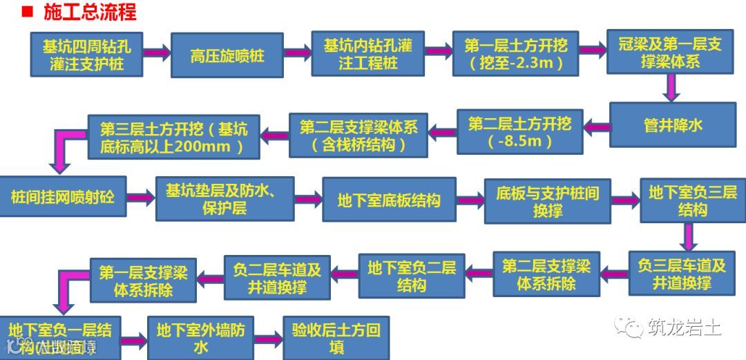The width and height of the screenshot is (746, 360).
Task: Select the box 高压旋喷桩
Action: pos(227,55)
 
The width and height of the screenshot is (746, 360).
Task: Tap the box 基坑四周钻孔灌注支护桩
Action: pos(86,55)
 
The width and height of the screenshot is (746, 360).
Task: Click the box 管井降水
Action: pos(672,124)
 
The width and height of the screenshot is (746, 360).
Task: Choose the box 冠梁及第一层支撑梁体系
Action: pos(670,53)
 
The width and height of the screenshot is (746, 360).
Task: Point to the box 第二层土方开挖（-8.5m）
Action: pos(519,132)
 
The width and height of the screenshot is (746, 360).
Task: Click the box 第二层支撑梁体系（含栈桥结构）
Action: pos(358,135)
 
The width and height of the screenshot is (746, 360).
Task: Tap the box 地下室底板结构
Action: pos(389,200)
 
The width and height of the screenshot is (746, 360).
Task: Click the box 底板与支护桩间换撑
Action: pos(547,200)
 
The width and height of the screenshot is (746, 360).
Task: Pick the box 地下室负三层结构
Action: pos(692,200)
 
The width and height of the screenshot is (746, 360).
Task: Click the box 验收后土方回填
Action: pos(336,338)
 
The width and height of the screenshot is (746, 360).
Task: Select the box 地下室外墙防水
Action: pos(200,338)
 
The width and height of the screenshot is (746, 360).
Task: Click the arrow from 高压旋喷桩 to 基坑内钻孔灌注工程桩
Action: pos(297,53)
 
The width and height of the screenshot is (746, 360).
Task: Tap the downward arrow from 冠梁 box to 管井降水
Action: pos(670,87)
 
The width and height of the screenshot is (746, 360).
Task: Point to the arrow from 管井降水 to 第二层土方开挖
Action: pos(596,126)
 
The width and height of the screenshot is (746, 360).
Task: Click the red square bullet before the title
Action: pos(27,12)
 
